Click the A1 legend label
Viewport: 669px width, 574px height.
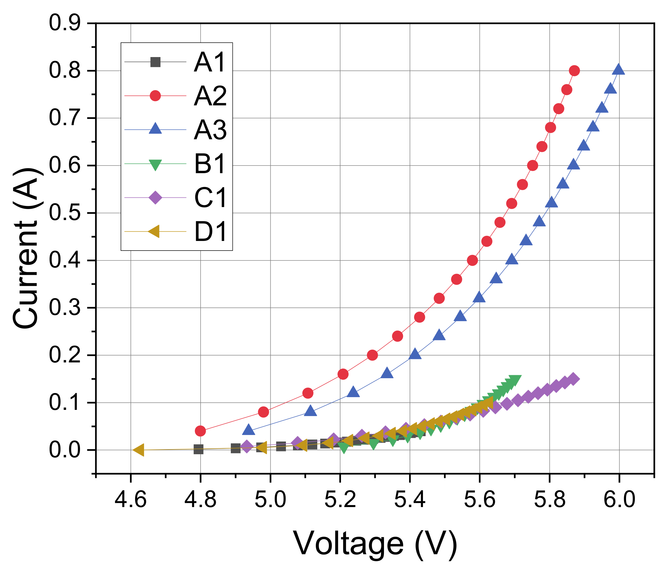click(210, 62)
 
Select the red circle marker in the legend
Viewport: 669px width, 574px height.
click(155, 96)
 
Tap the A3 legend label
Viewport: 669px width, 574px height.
click(210, 130)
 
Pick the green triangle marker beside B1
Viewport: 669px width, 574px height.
click(155, 164)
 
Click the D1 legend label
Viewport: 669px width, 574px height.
click(210, 232)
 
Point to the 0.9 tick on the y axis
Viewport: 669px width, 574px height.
click(65, 23)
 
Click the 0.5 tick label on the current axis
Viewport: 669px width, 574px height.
click(65, 213)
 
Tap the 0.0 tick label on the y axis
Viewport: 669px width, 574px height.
click(65, 450)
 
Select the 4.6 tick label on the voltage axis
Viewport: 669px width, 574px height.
click(131, 499)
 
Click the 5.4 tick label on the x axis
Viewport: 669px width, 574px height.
click(410, 499)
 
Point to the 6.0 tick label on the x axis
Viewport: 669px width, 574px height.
click(619, 499)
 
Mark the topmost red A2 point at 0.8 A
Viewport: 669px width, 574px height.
click(574, 71)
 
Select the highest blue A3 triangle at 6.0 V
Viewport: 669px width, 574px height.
click(619, 69)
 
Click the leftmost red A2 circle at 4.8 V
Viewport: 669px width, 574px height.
click(201, 431)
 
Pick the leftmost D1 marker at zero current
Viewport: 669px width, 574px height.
click(138, 450)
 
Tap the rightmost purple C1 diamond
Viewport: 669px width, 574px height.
click(574, 379)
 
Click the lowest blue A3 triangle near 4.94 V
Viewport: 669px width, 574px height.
click(248, 430)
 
